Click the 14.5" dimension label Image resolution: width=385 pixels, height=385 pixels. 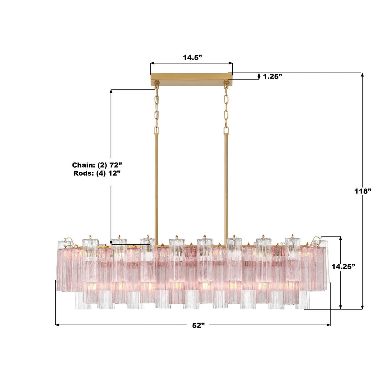[192, 58]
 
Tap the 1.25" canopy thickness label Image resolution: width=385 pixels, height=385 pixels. [272, 76]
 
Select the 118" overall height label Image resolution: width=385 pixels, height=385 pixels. [363, 191]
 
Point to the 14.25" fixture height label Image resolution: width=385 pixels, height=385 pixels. [344, 267]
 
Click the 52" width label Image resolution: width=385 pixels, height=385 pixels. [199, 325]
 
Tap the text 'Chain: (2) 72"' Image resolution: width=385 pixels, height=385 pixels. [97, 165]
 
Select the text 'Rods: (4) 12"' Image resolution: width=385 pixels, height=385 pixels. [97, 173]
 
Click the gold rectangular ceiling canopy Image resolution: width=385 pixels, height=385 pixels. [191, 79]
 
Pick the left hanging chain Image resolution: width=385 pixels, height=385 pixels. [156, 111]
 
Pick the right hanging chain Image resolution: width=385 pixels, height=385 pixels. [226, 111]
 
